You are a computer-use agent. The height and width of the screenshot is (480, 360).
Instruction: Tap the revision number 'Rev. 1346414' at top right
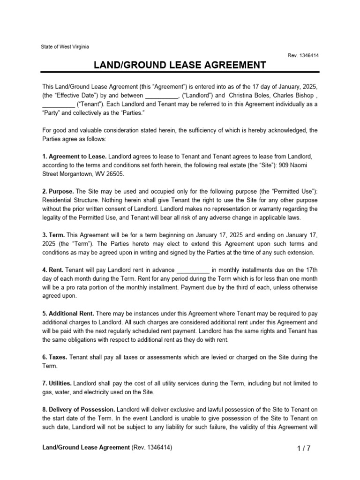(303, 56)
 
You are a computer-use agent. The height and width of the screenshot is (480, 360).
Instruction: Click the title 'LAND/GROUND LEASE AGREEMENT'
(180, 65)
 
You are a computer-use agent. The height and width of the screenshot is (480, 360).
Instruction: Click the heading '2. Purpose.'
(58, 191)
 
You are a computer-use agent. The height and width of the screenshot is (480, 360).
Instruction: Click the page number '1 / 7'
(304, 448)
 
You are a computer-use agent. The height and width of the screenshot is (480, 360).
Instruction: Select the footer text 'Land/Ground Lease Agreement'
(86, 448)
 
